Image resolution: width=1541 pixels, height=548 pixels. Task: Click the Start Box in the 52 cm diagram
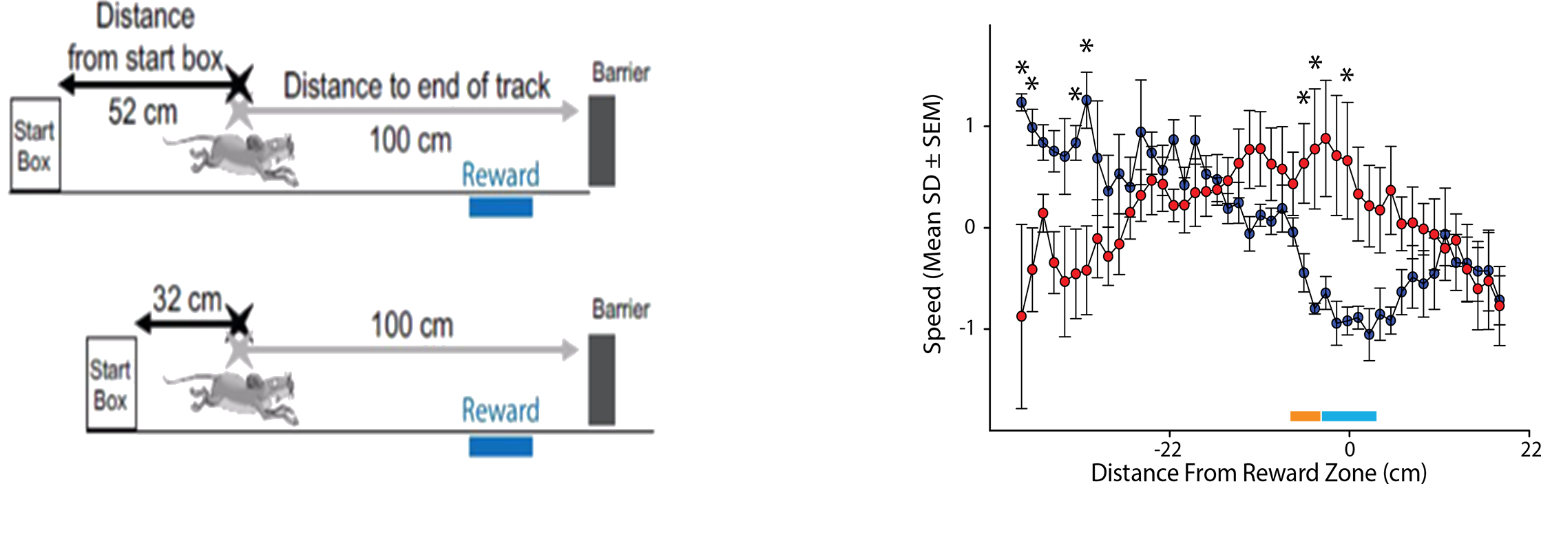pyautogui.click(x=35, y=145)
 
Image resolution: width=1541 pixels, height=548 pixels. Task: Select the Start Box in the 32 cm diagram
pyautogui.click(x=111, y=384)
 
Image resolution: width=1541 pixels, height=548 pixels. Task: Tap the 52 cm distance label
pyautogui.click(x=143, y=112)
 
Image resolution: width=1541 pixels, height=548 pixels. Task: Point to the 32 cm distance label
pyautogui.click(x=187, y=299)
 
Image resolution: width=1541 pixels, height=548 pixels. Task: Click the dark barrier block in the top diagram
pyautogui.click(x=602, y=141)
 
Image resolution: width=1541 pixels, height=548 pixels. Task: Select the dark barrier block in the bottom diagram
pyautogui.click(x=602, y=379)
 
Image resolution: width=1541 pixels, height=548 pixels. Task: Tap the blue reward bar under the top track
pyautogui.click(x=501, y=207)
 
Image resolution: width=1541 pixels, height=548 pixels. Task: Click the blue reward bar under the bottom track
pyautogui.click(x=501, y=446)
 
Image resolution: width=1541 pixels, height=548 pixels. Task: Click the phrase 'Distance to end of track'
pyautogui.click(x=417, y=87)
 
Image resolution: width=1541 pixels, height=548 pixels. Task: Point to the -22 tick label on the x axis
pyautogui.click(x=1168, y=450)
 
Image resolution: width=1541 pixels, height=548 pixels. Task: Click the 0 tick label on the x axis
pyautogui.click(x=1350, y=450)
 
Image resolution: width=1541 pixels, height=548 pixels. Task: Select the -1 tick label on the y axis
pyautogui.click(x=967, y=328)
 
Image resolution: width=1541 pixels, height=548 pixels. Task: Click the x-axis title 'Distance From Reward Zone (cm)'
pyautogui.click(x=1259, y=473)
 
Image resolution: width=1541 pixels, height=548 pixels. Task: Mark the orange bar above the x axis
pyautogui.click(x=1305, y=416)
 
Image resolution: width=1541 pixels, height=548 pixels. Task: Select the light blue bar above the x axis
pyautogui.click(x=1349, y=416)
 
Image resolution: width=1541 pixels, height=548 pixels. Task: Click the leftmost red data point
pyautogui.click(x=1021, y=317)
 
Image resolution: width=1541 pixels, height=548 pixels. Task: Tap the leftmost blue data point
pyautogui.click(x=1021, y=103)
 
